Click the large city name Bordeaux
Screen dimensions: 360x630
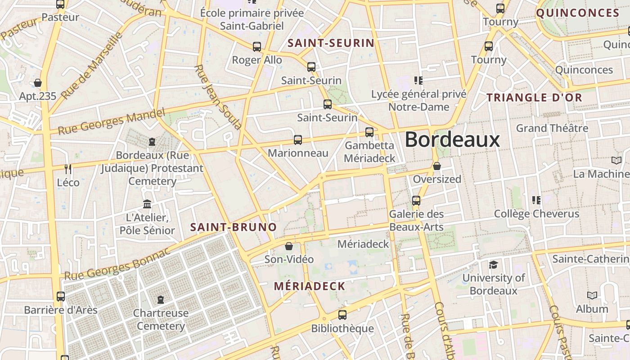pos(452,139)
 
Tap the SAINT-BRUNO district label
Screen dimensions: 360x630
pos(233,227)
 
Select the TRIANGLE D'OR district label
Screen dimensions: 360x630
pos(534,98)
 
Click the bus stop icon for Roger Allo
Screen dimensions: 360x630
pos(257,47)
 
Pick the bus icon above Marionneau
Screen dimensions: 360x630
pos(297,140)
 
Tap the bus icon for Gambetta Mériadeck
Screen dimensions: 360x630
pos(369,132)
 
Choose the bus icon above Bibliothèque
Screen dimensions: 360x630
pos(342,315)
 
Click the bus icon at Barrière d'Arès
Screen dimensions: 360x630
pos(61,297)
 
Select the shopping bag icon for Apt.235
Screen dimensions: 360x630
pos(38,83)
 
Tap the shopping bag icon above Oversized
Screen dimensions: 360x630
pos(436,166)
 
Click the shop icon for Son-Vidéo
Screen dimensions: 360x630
pos(289,246)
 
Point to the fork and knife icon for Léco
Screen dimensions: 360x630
pos(68,169)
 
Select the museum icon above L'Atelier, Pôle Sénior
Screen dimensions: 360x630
pos(147,204)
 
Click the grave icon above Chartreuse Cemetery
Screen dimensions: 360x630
pos(161,299)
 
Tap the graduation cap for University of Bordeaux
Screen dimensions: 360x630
pos(494,265)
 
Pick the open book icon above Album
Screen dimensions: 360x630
pos(592,296)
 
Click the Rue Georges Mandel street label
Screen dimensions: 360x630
pos(112,122)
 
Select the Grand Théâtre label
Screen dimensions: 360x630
pos(552,128)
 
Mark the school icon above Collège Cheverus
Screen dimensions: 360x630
pos(536,200)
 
